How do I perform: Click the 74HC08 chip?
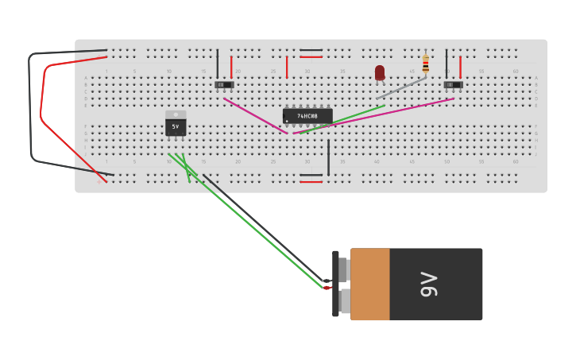click(x=307, y=116)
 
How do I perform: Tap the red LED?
click(x=380, y=73)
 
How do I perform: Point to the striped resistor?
click(x=426, y=64)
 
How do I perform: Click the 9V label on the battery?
click(x=428, y=284)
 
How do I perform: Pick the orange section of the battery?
click(x=370, y=284)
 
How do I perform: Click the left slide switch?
click(x=224, y=84)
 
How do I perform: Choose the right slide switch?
click(x=453, y=84)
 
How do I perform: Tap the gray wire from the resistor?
click(x=401, y=87)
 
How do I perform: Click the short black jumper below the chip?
click(x=328, y=157)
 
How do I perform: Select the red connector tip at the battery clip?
click(x=327, y=288)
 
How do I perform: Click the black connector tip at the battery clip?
click(x=327, y=281)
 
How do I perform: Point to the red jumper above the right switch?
click(x=460, y=67)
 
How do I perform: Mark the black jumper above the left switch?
click(x=217, y=64)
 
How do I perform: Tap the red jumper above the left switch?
click(x=231, y=67)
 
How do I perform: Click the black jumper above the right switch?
click(x=446, y=64)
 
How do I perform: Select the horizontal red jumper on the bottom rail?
click(x=311, y=181)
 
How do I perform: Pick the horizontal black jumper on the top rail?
click(x=311, y=50)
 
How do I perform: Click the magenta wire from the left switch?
click(x=256, y=116)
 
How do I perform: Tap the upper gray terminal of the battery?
click(x=343, y=270)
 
